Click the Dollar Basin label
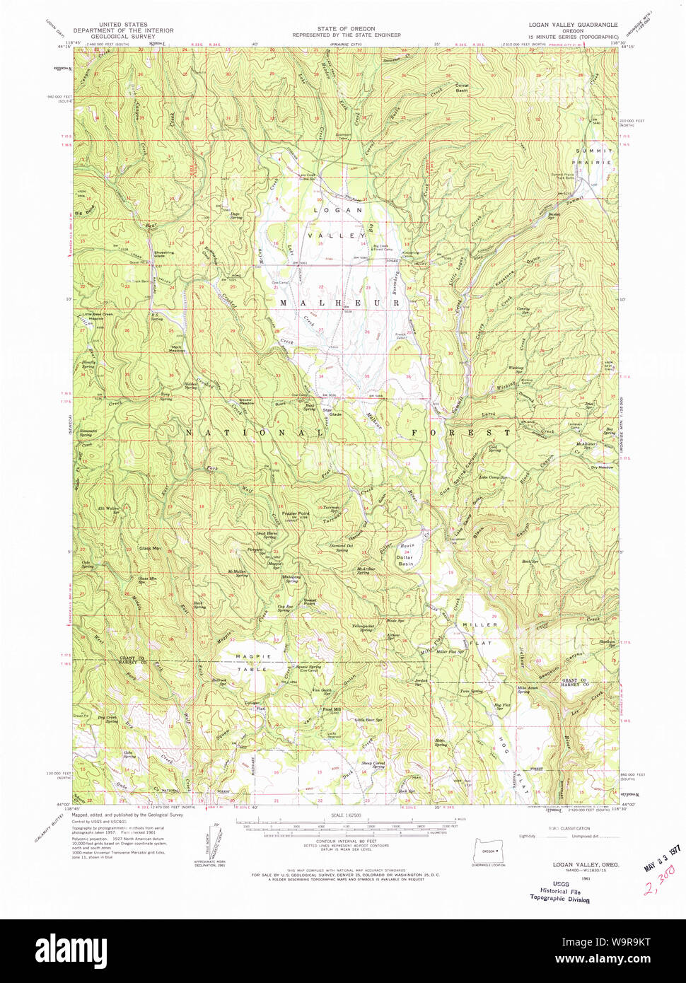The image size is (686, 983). coord(405,560)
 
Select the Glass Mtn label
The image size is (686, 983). coord(149,549)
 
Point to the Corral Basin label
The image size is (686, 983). coord(462,88)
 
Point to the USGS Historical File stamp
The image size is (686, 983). coord(559,891)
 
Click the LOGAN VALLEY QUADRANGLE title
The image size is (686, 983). coord(573,25)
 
